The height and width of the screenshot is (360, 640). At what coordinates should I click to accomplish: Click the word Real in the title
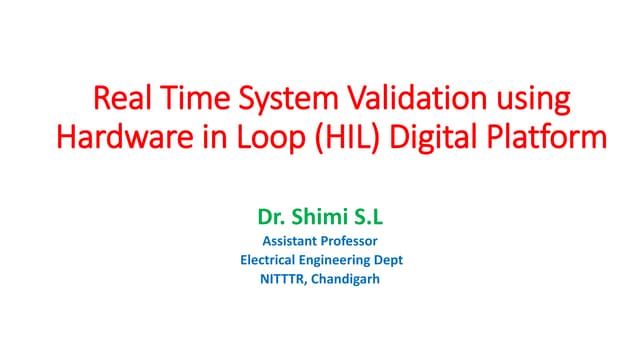click(120, 101)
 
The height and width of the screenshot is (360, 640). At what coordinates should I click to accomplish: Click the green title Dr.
click(271, 215)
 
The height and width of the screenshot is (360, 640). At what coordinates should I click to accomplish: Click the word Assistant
click(291, 240)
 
